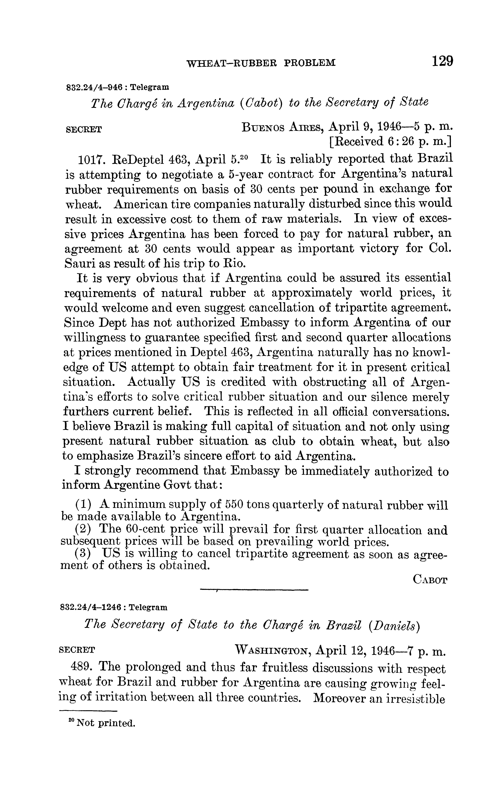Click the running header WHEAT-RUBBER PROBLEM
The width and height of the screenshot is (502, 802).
[x=261, y=63]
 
